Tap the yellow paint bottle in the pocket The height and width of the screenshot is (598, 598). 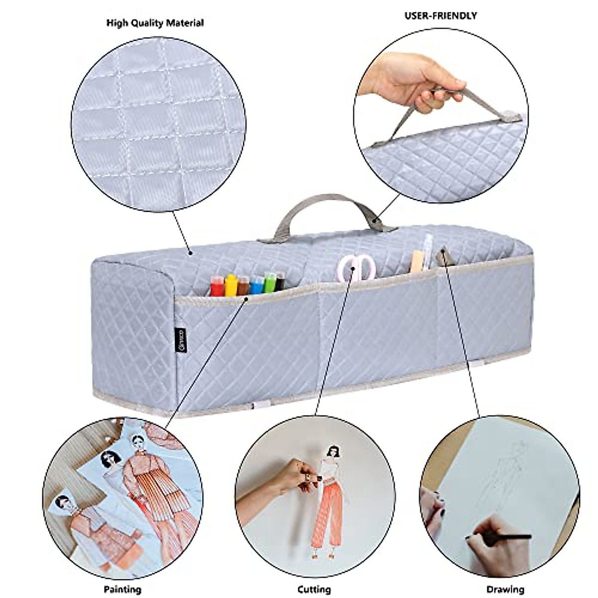coord(231,286)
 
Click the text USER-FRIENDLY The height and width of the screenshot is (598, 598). coord(441,16)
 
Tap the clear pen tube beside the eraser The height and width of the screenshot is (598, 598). coord(428,252)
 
